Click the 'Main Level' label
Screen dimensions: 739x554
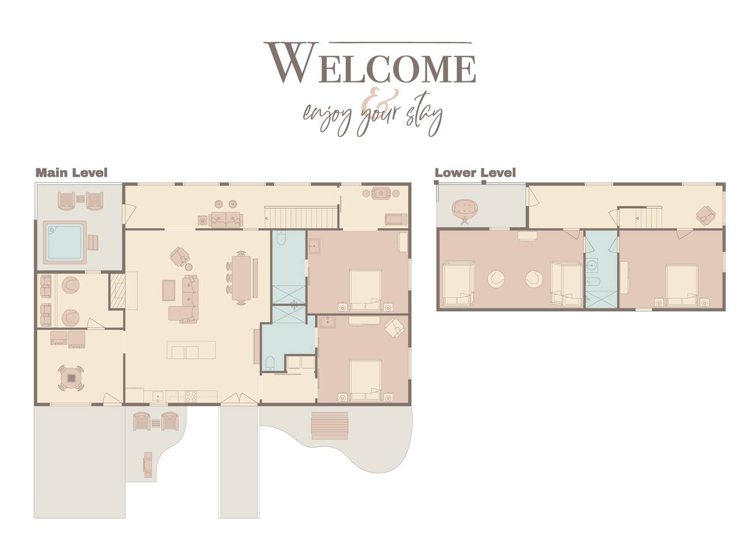tap(72, 173)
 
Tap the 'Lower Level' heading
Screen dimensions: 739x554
tap(475, 173)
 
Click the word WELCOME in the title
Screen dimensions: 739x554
tap(370, 63)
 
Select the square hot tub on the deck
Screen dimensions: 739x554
tap(64, 242)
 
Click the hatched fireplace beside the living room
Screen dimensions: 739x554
tap(118, 290)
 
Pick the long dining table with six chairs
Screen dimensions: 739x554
tap(241, 278)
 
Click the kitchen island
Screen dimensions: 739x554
tap(191, 350)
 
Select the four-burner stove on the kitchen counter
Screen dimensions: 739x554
tap(191, 396)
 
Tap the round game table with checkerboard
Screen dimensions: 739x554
tap(71, 378)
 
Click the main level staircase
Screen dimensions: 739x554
tap(301, 218)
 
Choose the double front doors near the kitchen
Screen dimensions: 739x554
tap(238, 398)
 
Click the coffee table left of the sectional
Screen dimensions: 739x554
tap(169, 290)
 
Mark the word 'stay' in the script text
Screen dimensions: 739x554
tap(424, 115)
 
